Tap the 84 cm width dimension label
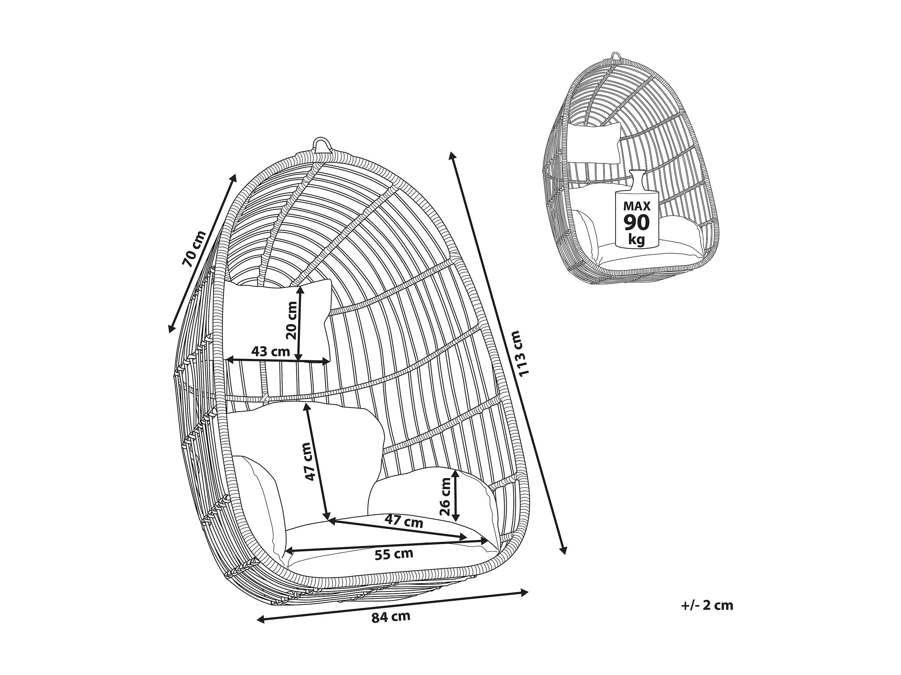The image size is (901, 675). pos(391,617)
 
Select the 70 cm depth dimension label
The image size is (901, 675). pos(194,248)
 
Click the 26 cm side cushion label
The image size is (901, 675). pos(446,496)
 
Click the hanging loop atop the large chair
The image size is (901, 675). pos(322,145)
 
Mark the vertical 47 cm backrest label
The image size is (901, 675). pos(309,461)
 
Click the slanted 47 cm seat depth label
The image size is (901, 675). pos(404,521)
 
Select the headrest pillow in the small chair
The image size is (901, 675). pos(594,143)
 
